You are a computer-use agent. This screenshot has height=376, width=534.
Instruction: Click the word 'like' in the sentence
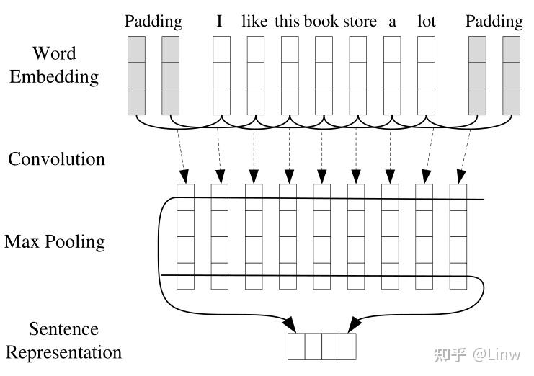[254, 22]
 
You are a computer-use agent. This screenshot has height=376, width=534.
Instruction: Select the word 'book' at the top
[321, 22]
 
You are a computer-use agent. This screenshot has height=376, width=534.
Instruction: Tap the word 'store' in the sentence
[359, 22]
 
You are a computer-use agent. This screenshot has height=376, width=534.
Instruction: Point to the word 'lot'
[427, 22]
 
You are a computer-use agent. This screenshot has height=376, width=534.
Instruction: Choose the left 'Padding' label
[153, 22]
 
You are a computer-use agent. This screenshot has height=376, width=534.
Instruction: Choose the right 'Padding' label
[494, 22]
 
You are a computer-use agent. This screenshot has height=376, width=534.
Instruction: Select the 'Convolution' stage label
[56, 158]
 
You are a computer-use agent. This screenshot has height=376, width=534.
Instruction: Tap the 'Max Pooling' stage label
[55, 241]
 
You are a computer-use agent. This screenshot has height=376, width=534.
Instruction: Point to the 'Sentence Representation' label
[63, 341]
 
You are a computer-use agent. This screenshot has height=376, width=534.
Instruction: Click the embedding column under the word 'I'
[221, 76]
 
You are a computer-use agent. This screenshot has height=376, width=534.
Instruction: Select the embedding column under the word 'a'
[392, 76]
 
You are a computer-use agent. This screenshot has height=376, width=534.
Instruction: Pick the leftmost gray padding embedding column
[136, 76]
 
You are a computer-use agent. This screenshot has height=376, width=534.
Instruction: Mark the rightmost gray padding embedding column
[511, 76]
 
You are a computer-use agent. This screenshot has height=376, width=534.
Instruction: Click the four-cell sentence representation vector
[322, 346]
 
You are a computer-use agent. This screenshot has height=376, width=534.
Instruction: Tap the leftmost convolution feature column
[186, 237]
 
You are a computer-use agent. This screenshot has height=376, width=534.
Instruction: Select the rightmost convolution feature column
[458, 237]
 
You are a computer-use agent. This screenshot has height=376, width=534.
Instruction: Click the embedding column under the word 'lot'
[426, 76]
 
